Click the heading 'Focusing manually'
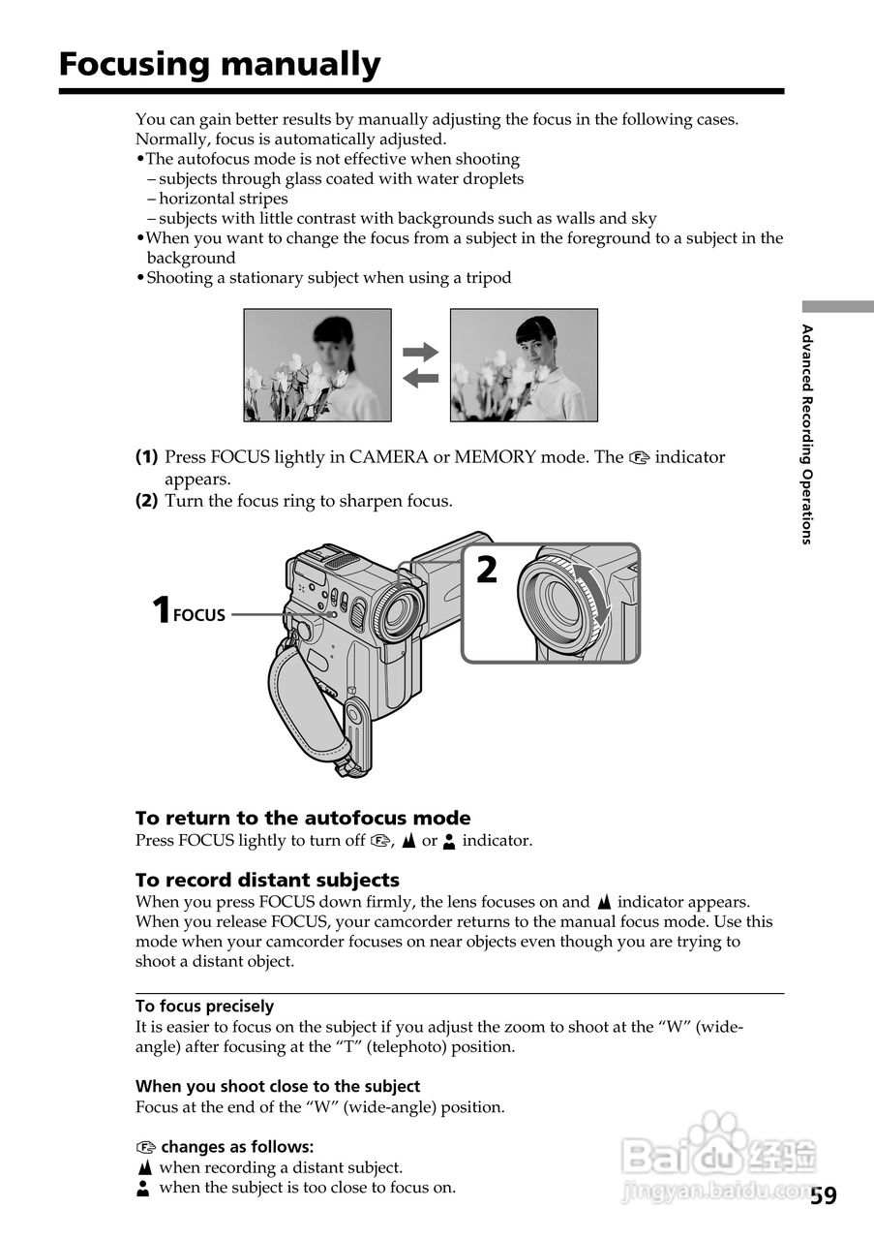(220, 65)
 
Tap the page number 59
(824, 1194)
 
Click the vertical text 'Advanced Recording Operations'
(806, 434)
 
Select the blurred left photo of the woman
(317, 365)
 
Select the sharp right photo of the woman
(524, 365)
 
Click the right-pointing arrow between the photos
(420, 352)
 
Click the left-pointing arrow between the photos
(420, 378)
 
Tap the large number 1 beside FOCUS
(161, 611)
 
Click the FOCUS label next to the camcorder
(198, 615)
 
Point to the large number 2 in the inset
(486, 571)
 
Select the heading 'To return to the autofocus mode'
(303, 818)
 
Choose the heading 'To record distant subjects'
(267, 880)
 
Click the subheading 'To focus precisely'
(204, 1006)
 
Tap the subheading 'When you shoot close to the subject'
(278, 1086)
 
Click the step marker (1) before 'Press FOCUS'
(146, 457)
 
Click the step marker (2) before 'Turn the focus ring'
(146, 501)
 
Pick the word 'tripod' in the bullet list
(488, 278)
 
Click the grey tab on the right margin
(837, 306)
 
